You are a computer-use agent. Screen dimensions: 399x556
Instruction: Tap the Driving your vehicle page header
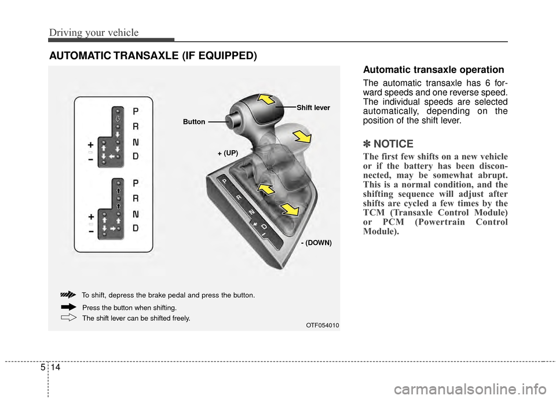pos(93,32)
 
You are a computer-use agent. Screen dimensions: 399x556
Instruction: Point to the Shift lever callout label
pos(313,107)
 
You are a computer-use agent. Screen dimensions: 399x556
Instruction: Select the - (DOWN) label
pos(316,243)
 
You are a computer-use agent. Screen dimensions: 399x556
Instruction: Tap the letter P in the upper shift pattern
pos(136,111)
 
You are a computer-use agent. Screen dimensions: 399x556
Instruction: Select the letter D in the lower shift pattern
pos(136,228)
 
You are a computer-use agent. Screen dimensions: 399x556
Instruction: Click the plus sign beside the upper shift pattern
pos(91,145)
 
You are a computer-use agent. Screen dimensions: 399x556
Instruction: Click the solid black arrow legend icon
pos(68,306)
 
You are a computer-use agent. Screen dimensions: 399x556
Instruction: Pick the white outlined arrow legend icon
pos(68,317)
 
